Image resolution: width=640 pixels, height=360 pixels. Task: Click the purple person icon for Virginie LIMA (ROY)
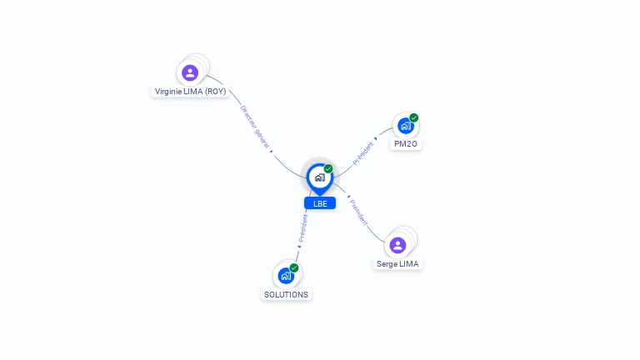tap(190, 72)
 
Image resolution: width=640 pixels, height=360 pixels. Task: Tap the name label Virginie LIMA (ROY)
tap(190, 91)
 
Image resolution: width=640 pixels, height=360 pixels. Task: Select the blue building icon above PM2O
tap(405, 126)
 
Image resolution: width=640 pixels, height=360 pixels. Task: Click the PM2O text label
tap(406, 144)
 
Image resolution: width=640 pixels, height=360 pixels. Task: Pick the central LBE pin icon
tap(319, 177)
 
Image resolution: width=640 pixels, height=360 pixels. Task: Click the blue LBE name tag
tap(319, 203)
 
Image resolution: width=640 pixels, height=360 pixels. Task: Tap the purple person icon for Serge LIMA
tap(397, 245)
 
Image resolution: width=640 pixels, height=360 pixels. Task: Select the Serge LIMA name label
tap(397, 263)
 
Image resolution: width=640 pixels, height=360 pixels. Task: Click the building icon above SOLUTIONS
tap(286, 275)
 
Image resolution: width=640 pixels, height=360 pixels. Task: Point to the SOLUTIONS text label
tap(286, 294)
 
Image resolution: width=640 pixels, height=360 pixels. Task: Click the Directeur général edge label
tap(255, 127)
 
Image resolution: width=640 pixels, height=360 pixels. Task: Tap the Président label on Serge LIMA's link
tap(358, 212)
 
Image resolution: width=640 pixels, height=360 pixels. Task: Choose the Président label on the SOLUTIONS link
tap(303, 227)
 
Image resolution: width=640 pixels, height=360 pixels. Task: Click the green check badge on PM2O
tap(414, 117)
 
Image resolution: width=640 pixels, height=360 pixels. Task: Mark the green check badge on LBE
tap(328, 168)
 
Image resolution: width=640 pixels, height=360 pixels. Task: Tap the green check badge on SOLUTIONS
tap(294, 267)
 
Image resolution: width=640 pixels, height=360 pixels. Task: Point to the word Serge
tap(387, 263)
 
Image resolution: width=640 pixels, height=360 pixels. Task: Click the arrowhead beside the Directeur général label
tap(272, 151)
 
